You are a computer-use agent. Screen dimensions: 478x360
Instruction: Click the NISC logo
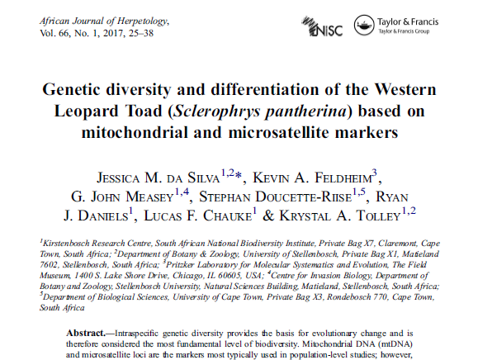click(322, 26)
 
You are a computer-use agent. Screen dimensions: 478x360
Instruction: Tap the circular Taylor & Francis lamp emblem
click(364, 25)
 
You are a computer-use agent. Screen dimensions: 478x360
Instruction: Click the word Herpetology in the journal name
click(143, 21)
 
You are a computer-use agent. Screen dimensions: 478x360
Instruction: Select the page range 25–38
click(141, 33)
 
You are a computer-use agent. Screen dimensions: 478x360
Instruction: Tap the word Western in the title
click(405, 89)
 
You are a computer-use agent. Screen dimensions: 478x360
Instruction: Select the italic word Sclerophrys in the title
click(216, 111)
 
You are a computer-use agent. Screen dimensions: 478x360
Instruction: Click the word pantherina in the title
click(305, 111)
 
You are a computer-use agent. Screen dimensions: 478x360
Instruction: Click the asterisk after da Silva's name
click(238, 175)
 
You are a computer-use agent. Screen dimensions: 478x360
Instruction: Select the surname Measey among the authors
click(149, 197)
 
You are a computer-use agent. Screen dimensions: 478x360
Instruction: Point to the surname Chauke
click(227, 216)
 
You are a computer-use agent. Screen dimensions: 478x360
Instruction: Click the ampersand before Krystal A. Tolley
click(268, 216)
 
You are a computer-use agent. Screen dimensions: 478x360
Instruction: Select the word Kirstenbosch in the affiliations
click(66, 244)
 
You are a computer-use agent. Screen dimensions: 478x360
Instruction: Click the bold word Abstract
click(86, 334)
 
